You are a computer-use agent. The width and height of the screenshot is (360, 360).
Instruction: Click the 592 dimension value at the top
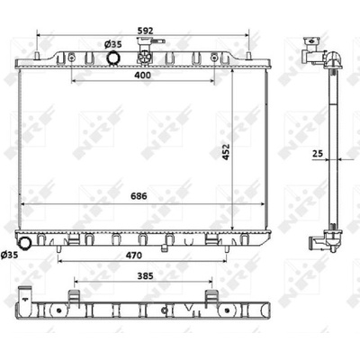pyautogui.click(x=145, y=31)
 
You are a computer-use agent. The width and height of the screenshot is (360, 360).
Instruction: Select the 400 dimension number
pyautogui.click(x=142, y=75)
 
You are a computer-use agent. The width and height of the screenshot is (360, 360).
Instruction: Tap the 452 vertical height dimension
pyautogui.click(x=226, y=152)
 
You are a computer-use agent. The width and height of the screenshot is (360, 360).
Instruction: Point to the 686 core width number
pyautogui.click(x=139, y=196)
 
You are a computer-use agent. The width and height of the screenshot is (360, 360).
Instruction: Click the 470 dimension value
pyautogui.click(x=133, y=256)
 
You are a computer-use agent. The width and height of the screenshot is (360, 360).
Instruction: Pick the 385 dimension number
pyautogui.click(x=145, y=275)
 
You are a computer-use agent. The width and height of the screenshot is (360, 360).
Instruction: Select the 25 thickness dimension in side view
pyautogui.click(x=318, y=154)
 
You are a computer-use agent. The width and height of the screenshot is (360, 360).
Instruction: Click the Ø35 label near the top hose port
pyautogui.click(x=112, y=45)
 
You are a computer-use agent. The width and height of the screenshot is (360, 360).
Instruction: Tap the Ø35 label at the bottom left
pyautogui.click(x=9, y=255)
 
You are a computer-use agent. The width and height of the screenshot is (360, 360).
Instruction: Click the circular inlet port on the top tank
pyautogui.click(x=112, y=58)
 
